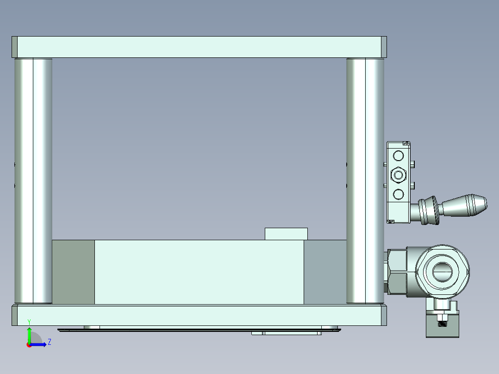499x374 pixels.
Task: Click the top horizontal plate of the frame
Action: [x=199, y=47]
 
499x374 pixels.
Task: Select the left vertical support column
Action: [x=33, y=181]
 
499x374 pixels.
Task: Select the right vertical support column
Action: [x=365, y=181]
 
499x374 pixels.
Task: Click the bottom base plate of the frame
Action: [x=199, y=315]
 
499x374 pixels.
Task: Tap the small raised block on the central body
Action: [x=286, y=234]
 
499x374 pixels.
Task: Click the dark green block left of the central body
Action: [x=73, y=272]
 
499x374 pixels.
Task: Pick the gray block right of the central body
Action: [x=325, y=272]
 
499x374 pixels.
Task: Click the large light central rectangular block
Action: [x=199, y=272]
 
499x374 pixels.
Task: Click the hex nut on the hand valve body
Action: [x=398, y=175]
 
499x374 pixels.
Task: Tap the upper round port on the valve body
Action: [x=398, y=156]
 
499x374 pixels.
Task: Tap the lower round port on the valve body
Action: [x=398, y=193]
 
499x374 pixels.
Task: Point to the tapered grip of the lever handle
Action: [x=465, y=205]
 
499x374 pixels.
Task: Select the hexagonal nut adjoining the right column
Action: [x=397, y=272]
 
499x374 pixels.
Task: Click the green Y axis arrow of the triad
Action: [x=29, y=334]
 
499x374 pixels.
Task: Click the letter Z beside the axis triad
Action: [x=49, y=342]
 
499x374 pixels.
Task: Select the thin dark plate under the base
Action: [x=199, y=330]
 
